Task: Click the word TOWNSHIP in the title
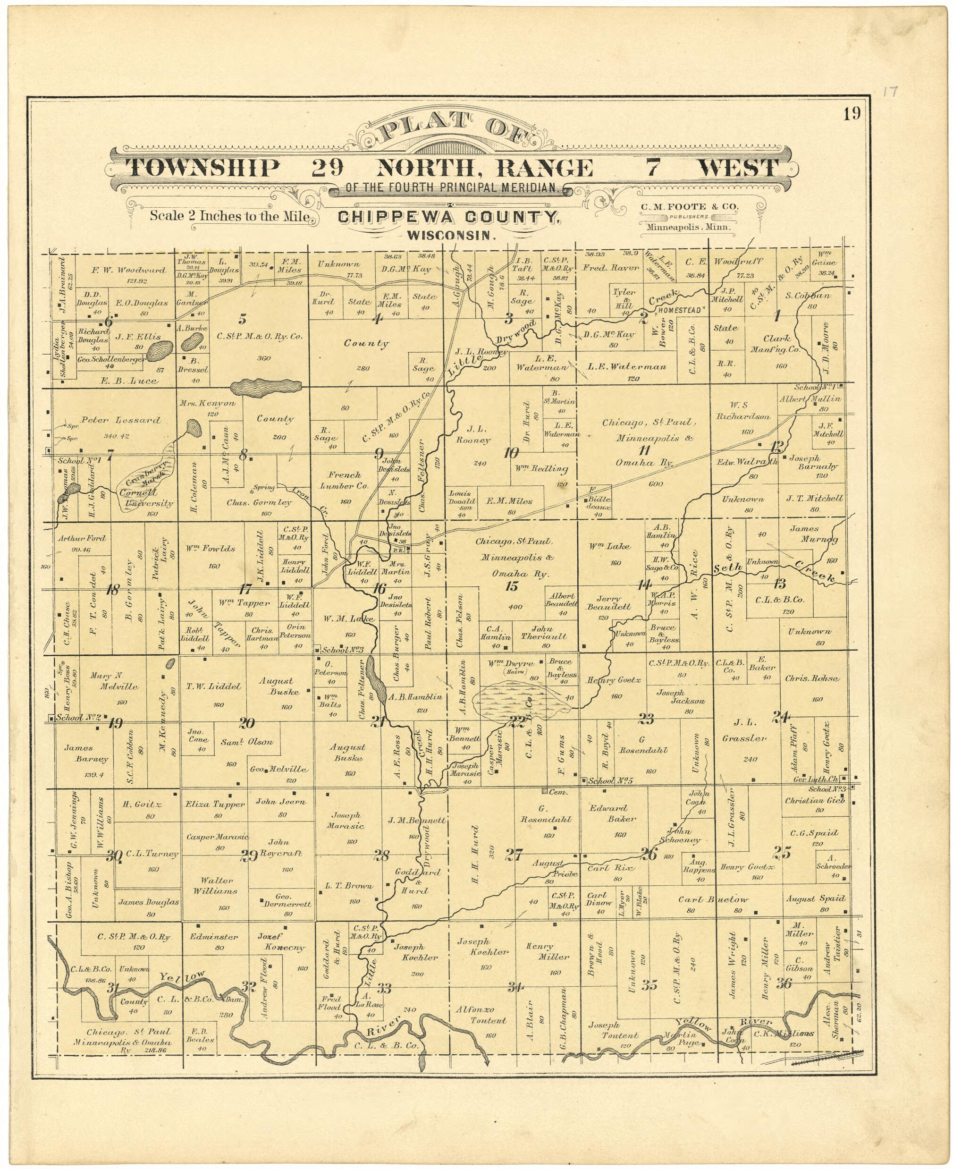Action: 202,168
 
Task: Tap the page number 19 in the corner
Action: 852,114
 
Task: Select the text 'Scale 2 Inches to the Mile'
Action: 229,216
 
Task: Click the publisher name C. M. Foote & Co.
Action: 689,207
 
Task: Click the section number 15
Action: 512,586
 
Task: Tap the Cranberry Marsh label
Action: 145,474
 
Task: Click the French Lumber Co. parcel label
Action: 345,481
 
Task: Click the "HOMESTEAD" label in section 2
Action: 681,310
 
